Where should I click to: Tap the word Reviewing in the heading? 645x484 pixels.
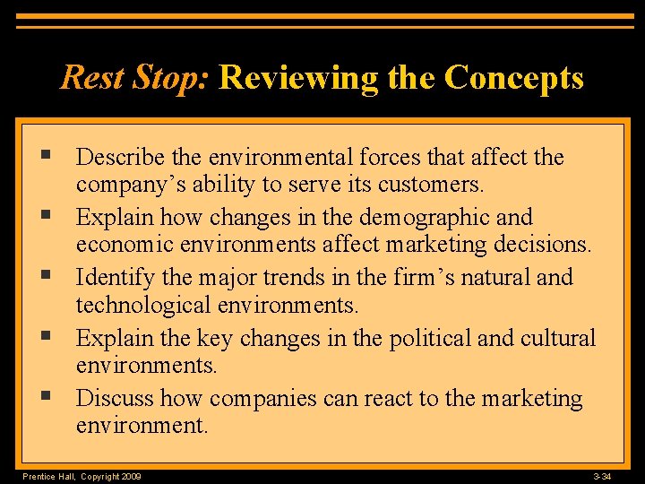click(x=298, y=79)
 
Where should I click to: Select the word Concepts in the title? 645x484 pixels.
click(x=513, y=78)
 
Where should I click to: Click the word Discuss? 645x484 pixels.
click(x=115, y=398)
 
